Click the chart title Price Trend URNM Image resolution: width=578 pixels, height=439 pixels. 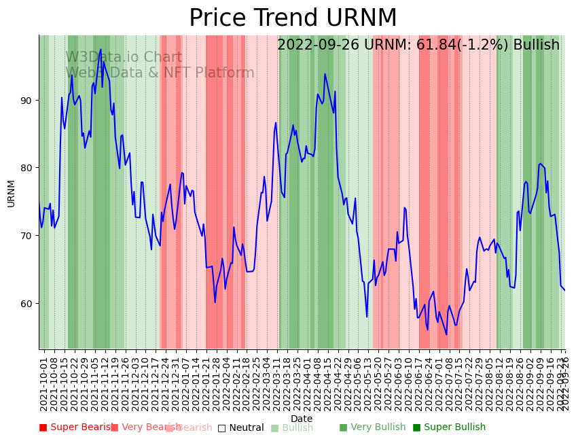[293, 18]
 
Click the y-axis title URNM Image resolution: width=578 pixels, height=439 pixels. [11, 193]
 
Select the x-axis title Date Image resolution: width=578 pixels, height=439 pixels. [302, 419]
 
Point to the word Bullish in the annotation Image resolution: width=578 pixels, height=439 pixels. [537, 46]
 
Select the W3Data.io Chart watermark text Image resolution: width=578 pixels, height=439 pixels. [124, 58]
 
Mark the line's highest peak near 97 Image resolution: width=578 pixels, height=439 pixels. [101, 50]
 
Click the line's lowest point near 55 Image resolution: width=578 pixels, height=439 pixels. [446, 334]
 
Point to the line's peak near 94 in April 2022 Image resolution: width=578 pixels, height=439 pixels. [325, 74]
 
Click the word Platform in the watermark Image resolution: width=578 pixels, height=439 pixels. [225, 73]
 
